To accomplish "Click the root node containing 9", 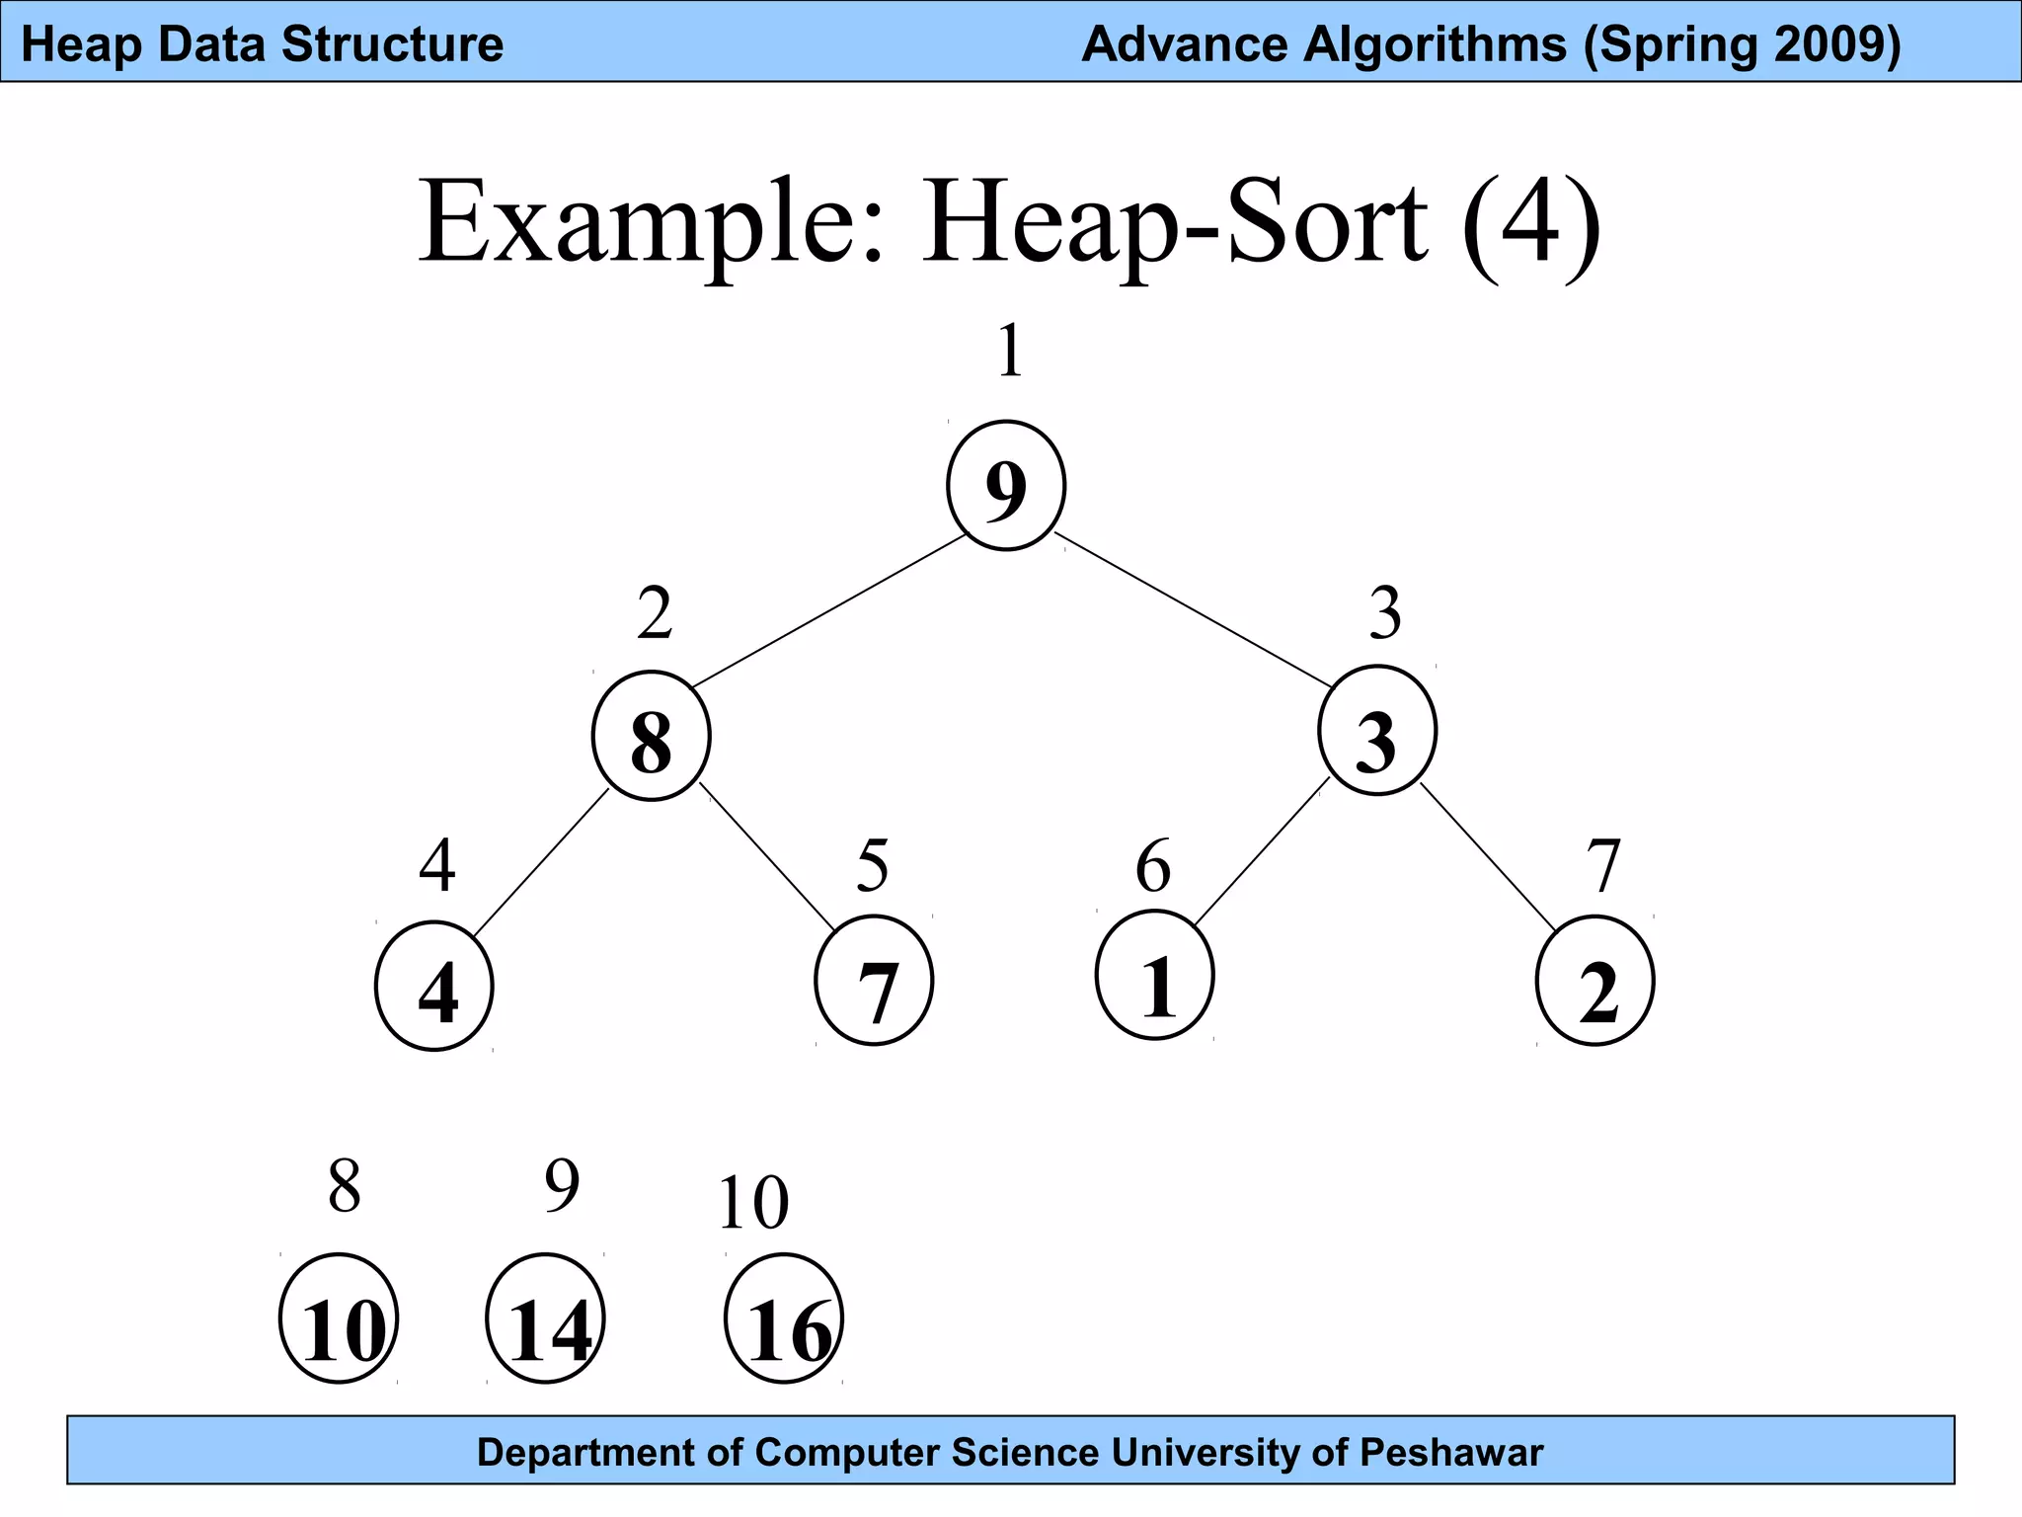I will (1005, 486).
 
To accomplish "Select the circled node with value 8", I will (651, 737).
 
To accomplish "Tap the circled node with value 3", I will (1376, 732).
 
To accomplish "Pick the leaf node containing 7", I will (874, 982).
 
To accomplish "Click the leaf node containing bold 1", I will (1154, 976).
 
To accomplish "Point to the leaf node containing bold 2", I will (1594, 982).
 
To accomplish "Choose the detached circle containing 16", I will (784, 1319).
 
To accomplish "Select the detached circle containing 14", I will (545, 1319).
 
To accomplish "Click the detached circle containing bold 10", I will (339, 1319).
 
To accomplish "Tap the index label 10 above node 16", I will (753, 1203).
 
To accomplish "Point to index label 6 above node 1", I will (1153, 866).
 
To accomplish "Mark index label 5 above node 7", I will (873, 865).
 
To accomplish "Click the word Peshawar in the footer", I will (1451, 1453).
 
